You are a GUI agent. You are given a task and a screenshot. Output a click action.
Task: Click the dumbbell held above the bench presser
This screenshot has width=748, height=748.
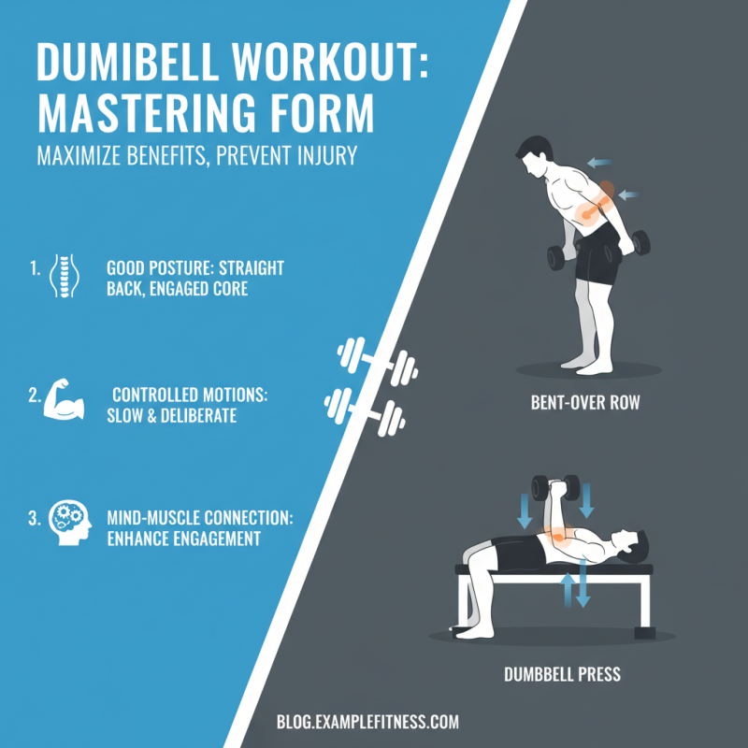555,487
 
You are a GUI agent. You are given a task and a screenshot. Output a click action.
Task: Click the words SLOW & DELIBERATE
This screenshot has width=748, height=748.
172,416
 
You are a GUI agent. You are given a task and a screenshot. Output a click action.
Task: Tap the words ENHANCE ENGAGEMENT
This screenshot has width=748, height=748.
184,539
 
